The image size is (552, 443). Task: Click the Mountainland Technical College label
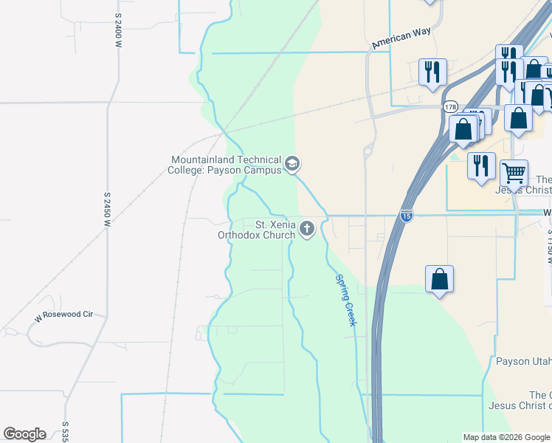226,165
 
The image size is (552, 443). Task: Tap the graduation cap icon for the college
292,164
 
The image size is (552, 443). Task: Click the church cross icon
306,230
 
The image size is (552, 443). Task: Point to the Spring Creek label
345,300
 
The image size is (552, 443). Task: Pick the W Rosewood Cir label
64,315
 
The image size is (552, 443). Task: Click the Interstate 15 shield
407,215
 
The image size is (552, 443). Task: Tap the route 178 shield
450,107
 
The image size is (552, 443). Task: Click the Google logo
24,434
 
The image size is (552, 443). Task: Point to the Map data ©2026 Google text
506,437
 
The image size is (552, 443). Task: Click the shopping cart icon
514,173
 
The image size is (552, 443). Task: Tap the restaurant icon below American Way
431,72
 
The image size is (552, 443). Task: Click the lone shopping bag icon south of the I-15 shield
439,279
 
